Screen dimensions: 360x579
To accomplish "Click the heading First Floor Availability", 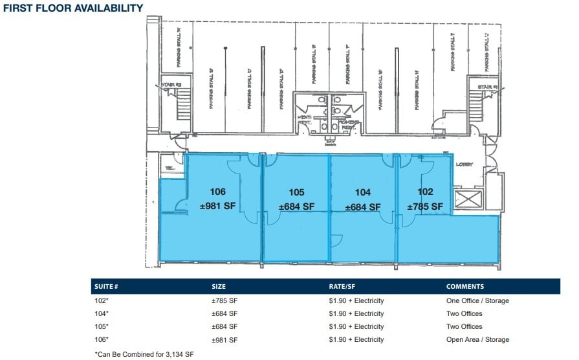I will tap(74, 8).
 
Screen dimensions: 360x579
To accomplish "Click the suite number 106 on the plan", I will tap(217, 192).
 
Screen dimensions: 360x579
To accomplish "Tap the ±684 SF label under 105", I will tap(296, 207).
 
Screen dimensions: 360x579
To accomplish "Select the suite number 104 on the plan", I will tap(363, 192).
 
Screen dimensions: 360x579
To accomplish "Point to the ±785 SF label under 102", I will tap(425, 207).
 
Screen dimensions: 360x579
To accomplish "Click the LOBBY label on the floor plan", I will tap(464, 164).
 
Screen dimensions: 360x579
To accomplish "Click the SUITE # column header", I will tap(107, 286).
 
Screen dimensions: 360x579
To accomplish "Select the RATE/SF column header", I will tap(343, 286).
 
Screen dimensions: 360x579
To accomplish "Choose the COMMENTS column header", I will tap(464, 286).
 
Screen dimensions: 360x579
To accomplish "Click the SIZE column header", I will tap(219, 286).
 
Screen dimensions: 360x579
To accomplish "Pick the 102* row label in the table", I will tap(102, 300).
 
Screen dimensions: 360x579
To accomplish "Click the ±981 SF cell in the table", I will tap(224, 339).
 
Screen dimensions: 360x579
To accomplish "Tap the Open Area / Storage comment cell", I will tap(477, 339).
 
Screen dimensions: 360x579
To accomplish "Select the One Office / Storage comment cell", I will tap(477, 300).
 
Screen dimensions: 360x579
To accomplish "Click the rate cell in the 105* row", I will tap(356, 326).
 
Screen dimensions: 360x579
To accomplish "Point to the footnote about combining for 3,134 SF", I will tap(144, 354).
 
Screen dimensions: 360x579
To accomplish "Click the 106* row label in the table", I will tap(102, 339).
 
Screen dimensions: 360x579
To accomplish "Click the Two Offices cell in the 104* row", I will tap(464, 313).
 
